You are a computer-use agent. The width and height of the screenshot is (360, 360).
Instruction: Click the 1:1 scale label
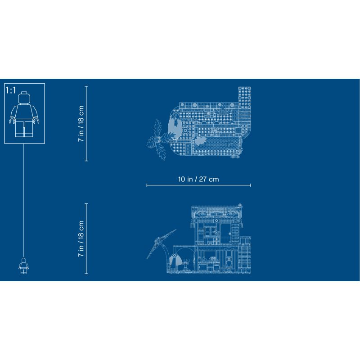coord(11,90)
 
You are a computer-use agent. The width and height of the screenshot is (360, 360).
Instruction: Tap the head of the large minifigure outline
coord(24,98)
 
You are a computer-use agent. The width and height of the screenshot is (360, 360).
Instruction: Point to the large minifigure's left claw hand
coord(12,121)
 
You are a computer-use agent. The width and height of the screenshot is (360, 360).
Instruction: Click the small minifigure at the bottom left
coord(24,265)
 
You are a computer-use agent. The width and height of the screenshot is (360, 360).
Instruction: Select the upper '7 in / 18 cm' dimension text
coord(81,123)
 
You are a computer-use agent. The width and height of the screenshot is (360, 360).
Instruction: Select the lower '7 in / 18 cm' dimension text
coord(81,239)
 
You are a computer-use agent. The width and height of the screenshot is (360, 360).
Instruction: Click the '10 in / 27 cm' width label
coord(198,179)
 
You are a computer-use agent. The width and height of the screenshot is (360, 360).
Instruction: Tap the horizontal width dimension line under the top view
coord(198,185)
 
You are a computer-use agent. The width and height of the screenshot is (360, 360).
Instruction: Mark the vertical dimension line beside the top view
coord(86,123)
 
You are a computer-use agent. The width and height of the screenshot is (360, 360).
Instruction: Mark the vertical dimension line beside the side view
coord(86,238)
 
